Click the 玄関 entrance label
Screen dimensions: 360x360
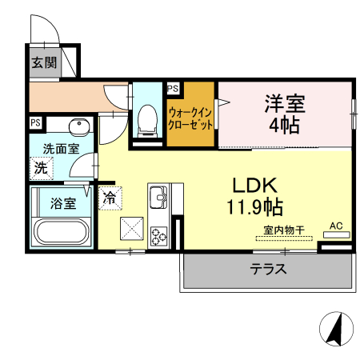click(x=44, y=63)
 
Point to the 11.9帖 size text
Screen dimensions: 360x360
click(x=254, y=207)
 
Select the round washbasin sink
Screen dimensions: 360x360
click(x=78, y=129)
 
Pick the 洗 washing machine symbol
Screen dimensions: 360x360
click(x=40, y=168)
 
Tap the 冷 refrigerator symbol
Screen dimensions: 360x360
click(x=108, y=195)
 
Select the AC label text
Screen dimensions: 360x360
click(x=336, y=226)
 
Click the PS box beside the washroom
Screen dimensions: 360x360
click(x=35, y=122)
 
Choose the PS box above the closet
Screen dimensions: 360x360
click(x=174, y=89)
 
